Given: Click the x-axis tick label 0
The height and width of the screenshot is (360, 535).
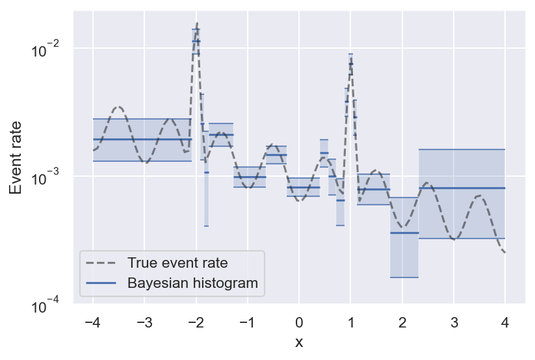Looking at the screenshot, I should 299,322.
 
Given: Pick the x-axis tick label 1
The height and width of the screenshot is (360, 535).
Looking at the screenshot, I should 350,322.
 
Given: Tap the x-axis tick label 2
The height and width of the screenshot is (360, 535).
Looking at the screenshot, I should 402,322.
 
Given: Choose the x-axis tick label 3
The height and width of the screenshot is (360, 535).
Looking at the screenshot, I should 454,322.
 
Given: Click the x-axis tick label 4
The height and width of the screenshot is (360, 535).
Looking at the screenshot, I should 505,322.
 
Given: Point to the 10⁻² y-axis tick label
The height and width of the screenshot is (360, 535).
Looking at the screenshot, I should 47,49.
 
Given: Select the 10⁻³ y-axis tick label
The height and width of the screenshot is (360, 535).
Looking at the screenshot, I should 47,177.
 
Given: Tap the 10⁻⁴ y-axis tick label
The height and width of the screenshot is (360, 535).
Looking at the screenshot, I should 47,304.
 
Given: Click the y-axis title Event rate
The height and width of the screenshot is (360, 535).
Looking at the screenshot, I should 16,157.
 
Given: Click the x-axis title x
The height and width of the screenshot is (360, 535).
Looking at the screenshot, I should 299,342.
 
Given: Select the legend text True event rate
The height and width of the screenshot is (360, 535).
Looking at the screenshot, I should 177,263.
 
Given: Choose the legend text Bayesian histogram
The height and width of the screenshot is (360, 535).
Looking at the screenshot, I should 192,283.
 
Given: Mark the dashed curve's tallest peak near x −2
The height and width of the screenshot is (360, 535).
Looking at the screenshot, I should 196,24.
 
